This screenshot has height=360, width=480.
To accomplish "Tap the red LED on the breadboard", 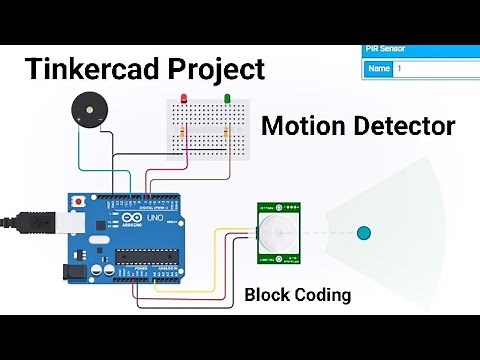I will [x=183, y=98].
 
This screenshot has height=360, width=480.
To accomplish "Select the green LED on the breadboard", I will [x=228, y=98].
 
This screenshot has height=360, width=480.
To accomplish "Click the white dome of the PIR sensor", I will [x=273, y=234].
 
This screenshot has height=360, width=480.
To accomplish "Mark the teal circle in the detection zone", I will [x=364, y=233].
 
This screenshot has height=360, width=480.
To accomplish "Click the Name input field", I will [x=436, y=69].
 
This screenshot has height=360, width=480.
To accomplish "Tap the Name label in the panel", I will [x=378, y=69].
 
